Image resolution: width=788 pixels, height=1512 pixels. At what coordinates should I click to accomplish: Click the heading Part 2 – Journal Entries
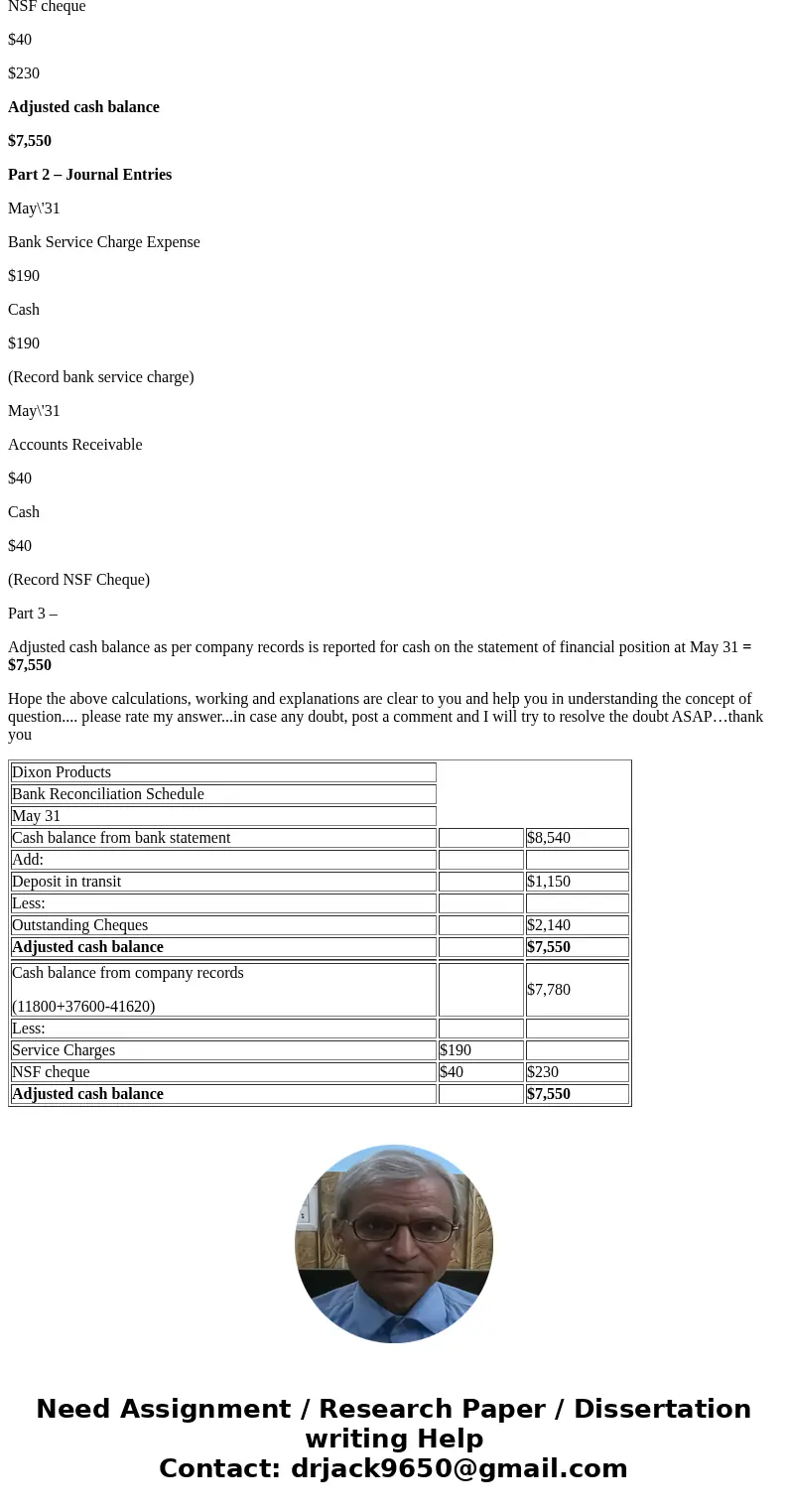click(89, 175)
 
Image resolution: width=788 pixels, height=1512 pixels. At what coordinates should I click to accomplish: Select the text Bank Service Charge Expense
click(104, 242)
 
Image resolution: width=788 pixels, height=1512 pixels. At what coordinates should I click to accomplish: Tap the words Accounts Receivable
click(74, 445)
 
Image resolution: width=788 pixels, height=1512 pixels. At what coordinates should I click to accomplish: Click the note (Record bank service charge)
click(100, 377)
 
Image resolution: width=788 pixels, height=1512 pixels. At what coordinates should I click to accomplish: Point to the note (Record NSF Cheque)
click(78, 580)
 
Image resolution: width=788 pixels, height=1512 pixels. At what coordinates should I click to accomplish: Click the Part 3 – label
click(33, 614)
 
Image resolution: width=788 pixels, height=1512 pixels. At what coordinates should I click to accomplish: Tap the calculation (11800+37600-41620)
click(83, 1007)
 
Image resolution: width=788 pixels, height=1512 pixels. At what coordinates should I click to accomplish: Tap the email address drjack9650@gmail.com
click(459, 1468)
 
